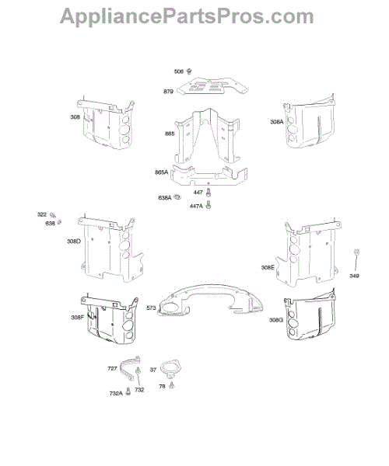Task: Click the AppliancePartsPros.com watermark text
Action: coord(187,16)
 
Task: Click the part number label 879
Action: coord(168,92)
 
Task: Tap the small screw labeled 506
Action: coord(189,71)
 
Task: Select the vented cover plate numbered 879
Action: coord(213,85)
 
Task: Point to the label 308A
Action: coord(277,122)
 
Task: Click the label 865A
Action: coord(162,172)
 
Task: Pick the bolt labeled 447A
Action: coord(209,205)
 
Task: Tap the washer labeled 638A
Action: coord(178,196)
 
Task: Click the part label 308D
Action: coord(74,241)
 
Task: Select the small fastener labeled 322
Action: coord(53,215)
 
